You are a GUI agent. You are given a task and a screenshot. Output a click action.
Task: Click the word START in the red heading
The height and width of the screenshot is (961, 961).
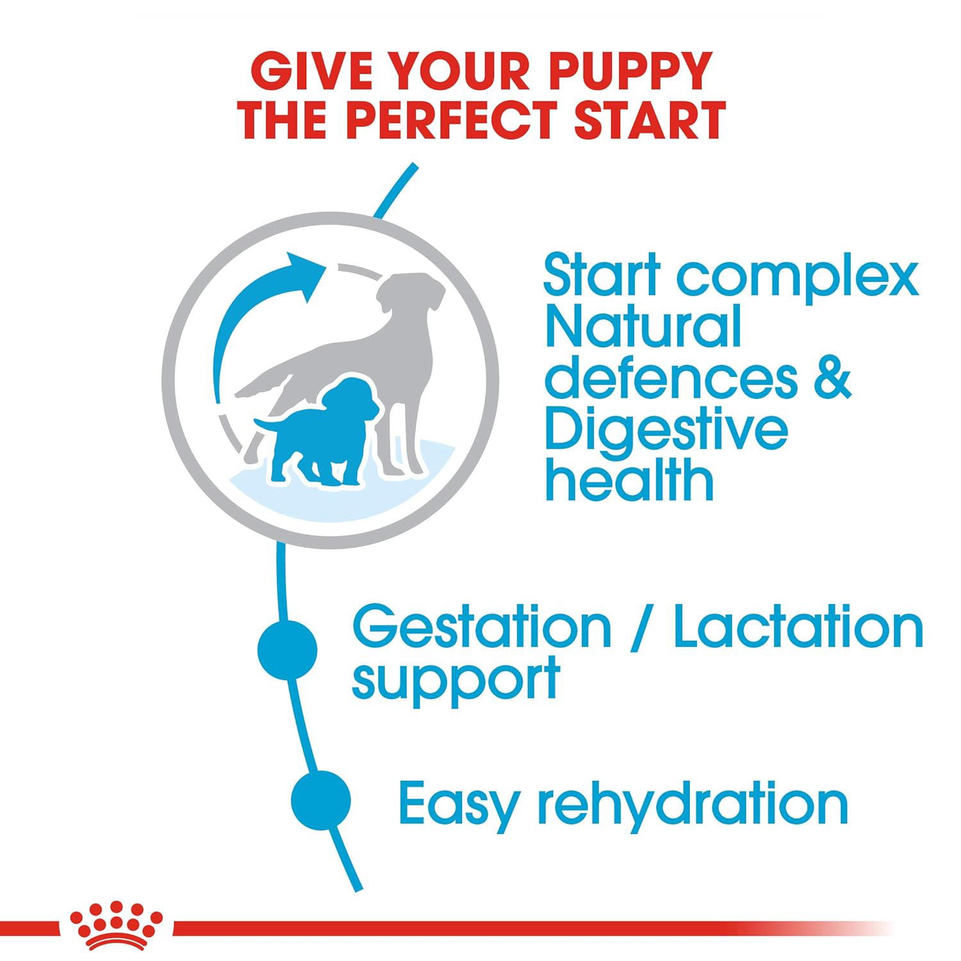(649, 120)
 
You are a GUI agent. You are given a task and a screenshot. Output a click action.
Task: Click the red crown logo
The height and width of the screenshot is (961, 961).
(116, 924)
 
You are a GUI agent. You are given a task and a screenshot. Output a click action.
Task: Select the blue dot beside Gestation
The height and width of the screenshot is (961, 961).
(287, 649)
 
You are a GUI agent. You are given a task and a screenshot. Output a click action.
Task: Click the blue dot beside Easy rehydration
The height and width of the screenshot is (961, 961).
(320, 800)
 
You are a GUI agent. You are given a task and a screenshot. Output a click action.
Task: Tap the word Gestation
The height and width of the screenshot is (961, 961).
(482, 628)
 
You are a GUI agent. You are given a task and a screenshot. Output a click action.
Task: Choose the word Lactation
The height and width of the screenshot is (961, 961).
(798, 628)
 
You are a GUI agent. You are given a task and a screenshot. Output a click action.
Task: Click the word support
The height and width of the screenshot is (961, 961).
(456, 681)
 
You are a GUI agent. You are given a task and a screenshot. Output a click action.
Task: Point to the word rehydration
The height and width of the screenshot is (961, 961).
(693, 804)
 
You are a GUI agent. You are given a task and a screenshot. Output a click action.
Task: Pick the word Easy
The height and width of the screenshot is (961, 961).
(458, 804)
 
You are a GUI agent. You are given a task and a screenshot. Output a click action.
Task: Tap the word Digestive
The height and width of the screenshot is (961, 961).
(666, 431)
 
